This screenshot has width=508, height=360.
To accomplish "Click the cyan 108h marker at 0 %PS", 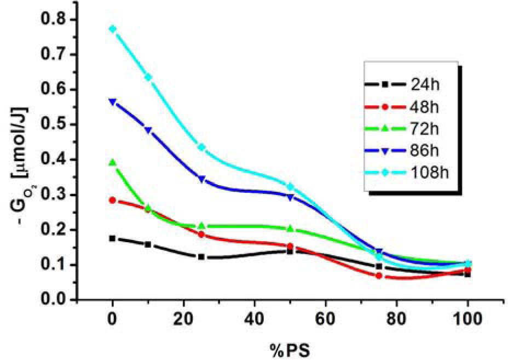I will pyautogui.click(x=113, y=29).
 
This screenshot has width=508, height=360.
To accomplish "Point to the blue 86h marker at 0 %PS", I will pyautogui.click(x=113, y=102).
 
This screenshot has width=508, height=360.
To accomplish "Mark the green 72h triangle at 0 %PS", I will pyautogui.click(x=113, y=163).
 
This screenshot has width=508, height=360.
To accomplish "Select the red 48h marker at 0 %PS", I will pyautogui.click(x=113, y=200).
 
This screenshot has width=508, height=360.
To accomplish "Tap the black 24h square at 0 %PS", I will pyautogui.click(x=113, y=238).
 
